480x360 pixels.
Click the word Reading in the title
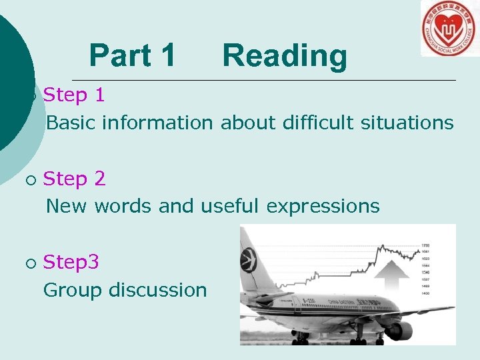[285, 56]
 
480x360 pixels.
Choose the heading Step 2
[74, 179]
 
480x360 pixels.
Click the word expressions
[323, 207]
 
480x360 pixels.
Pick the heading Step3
[71, 262]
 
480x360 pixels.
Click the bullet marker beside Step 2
[29, 180]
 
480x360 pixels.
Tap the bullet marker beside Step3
[29, 263]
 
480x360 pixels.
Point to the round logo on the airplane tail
[249, 259]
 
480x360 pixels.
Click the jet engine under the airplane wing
[398, 330]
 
